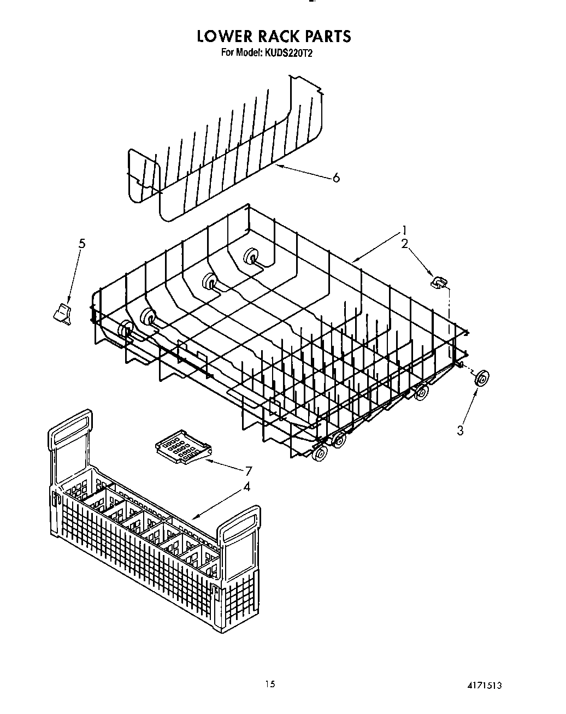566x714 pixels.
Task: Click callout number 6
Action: coord(336,178)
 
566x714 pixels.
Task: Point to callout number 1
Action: coord(404,230)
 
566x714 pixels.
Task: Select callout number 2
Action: coord(405,244)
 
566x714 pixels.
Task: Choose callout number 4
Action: coord(246,486)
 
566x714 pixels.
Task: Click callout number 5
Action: coord(81,244)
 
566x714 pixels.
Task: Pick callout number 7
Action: coord(249,471)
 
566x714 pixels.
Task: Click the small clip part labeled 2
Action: coord(438,282)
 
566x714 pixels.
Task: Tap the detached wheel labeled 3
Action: coord(481,379)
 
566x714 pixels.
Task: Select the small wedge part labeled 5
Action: coord(63,315)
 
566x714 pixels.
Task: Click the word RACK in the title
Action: coord(274,36)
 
